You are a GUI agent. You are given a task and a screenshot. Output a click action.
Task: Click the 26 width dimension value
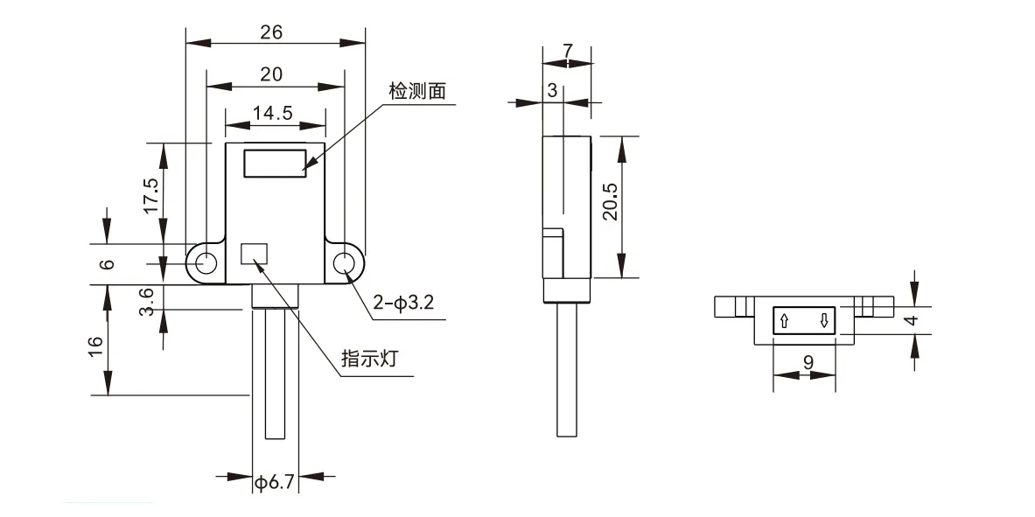(x=271, y=32)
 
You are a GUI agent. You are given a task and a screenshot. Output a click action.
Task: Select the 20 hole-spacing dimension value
(x=271, y=75)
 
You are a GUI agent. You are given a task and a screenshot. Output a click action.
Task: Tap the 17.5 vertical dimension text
(x=150, y=196)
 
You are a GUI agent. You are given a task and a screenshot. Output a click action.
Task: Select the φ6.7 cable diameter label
(x=274, y=482)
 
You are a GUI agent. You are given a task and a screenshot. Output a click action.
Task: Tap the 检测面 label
(x=417, y=92)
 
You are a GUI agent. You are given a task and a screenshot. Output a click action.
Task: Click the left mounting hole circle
(x=207, y=262)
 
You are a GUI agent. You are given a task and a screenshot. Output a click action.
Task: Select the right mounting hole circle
(x=345, y=262)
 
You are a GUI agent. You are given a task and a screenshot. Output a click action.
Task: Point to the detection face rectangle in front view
(x=275, y=164)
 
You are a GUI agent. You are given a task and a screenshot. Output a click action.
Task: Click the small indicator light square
(x=254, y=253)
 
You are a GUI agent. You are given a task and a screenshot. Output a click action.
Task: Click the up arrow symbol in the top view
(x=785, y=321)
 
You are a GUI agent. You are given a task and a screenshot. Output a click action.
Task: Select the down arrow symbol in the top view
(x=824, y=321)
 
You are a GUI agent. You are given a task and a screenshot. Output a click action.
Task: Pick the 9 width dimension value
(x=808, y=360)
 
